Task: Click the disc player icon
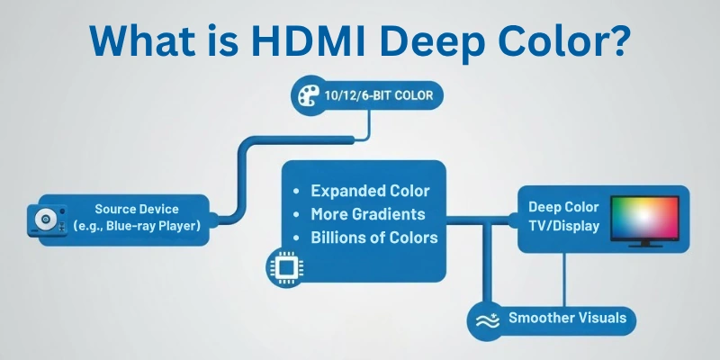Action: [x=44, y=217]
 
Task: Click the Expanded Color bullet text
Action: [x=369, y=191]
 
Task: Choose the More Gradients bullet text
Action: [x=367, y=214]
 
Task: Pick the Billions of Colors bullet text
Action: [x=373, y=238]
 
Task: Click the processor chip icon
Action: [x=283, y=264]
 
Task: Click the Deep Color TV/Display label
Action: [x=563, y=217]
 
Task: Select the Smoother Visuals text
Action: [x=566, y=318]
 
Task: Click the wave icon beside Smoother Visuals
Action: [x=487, y=319]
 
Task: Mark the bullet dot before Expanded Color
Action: [x=297, y=192]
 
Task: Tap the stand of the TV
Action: [x=645, y=243]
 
